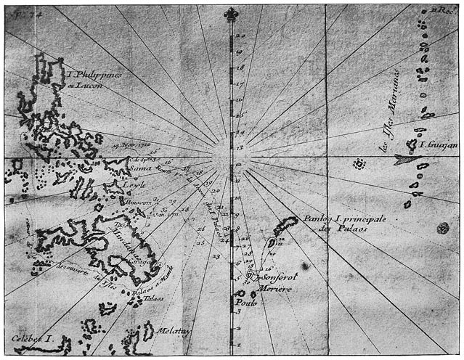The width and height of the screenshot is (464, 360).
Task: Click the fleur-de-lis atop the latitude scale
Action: tap(232, 15)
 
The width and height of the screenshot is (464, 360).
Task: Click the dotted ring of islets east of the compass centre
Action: tap(358, 164)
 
